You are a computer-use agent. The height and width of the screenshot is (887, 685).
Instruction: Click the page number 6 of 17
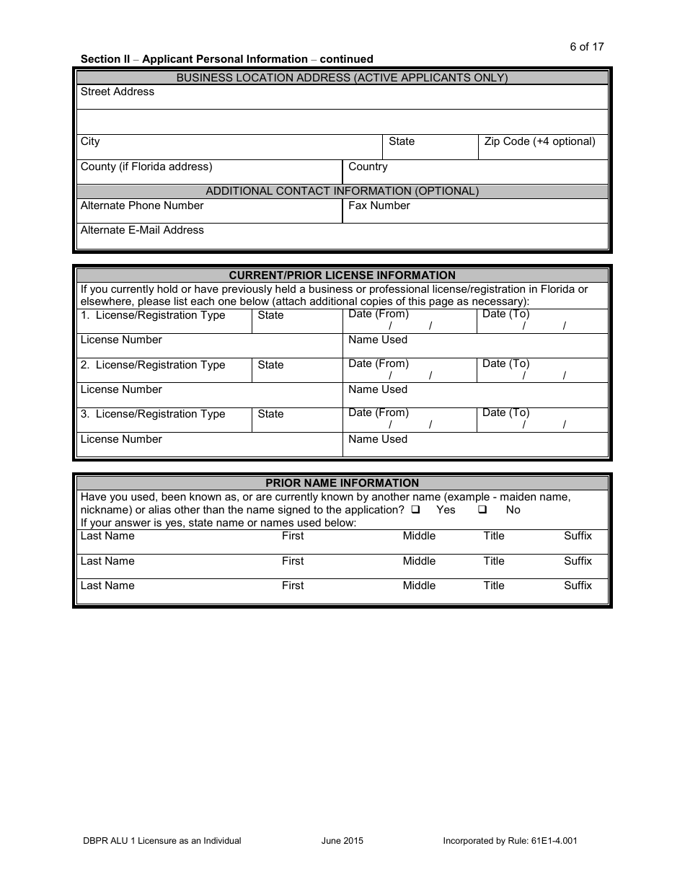pyautogui.click(x=586, y=47)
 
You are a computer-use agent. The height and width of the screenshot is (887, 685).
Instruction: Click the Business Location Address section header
pyautogui.click(x=342, y=78)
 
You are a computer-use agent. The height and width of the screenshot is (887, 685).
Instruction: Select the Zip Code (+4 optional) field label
pyautogui.click(x=539, y=141)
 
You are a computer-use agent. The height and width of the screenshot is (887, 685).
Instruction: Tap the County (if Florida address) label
pyautogui.click(x=146, y=167)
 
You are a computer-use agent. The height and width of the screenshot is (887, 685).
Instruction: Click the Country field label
pyautogui.click(x=368, y=167)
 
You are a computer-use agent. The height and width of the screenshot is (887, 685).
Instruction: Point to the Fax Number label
pyautogui.click(x=379, y=206)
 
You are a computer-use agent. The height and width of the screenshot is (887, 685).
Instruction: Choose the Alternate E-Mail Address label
pyautogui.click(x=142, y=230)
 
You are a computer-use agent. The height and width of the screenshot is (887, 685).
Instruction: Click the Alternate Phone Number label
pyautogui.click(x=142, y=206)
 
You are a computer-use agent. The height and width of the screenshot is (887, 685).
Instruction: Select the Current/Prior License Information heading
pyautogui.click(x=342, y=275)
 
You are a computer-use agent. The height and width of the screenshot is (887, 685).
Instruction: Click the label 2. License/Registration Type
pyautogui.click(x=153, y=365)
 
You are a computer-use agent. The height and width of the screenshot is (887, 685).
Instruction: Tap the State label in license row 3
pyautogui.click(x=270, y=414)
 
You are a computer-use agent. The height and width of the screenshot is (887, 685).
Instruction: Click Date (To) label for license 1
pyautogui.click(x=505, y=314)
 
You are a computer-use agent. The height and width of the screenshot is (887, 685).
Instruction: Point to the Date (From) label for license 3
pyautogui.click(x=378, y=412)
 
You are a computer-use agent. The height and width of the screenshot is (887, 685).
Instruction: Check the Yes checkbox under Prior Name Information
pyautogui.click(x=415, y=510)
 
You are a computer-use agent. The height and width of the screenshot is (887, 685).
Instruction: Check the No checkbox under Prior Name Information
pyautogui.click(x=482, y=510)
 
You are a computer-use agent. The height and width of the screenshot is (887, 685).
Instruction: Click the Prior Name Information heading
pyautogui.click(x=342, y=483)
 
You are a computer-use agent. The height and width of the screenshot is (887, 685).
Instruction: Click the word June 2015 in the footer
pyautogui.click(x=342, y=841)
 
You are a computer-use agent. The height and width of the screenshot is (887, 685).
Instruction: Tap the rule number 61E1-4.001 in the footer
pyautogui.click(x=554, y=841)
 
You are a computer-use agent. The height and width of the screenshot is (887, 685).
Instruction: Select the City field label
pyautogui.click(x=90, y=141)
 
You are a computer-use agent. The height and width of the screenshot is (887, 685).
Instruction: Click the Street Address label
pyautogui.click(x=118, y=92)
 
